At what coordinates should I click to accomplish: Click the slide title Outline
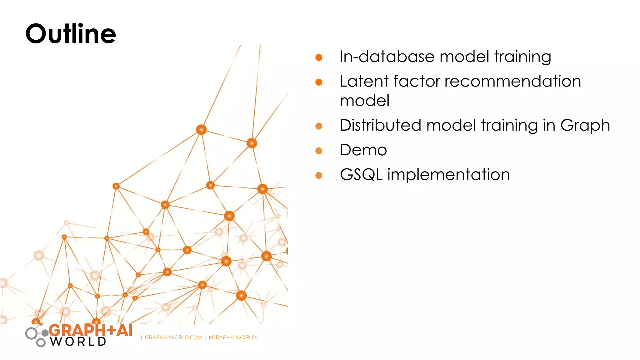tap(71, 34)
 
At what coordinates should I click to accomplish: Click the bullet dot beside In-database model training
tap(319, 57)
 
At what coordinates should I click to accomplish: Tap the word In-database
tap(387, 57)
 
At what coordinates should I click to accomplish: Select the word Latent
tap(364, 81)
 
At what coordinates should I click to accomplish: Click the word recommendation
tap(512, 81)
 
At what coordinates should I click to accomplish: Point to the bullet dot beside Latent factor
tap(319, 82)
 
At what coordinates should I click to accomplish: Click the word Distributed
tap(381, 125)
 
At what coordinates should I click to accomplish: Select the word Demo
tap(363, 150)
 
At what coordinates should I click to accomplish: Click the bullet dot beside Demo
tap(319, 151)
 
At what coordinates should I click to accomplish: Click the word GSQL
tap(361, 175)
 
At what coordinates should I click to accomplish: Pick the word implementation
tap(448, 175)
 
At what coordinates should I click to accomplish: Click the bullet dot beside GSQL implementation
tap(319, 175)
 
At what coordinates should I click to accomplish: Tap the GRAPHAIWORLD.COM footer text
tap(173, 337)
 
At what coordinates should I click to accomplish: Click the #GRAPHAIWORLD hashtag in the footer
tap(232, 337)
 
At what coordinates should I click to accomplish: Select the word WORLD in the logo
tap(78, 342)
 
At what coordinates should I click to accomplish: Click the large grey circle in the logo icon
tap(31, 333)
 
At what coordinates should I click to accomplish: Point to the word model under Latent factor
tap(364, 101)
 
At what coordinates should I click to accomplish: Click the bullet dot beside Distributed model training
tap(319, 126)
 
